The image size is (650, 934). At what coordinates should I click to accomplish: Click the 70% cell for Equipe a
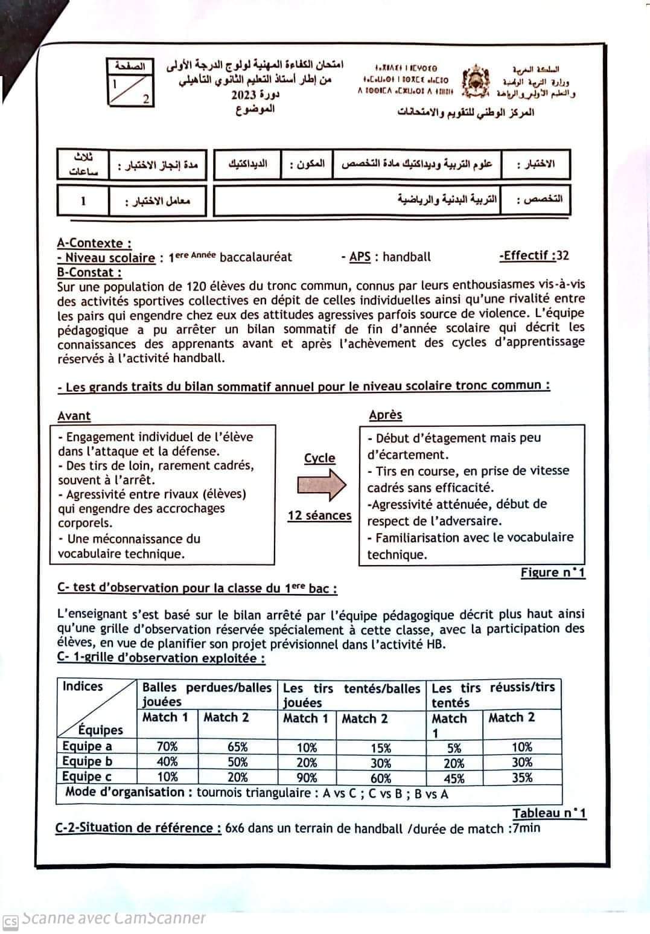pos(167,747)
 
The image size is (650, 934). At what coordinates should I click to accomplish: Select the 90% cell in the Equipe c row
pos(307,778)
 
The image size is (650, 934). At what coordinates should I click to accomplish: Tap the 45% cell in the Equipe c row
pos(454,779)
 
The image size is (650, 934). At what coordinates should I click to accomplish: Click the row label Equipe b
pos(87,762)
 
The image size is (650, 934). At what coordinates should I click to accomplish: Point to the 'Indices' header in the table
pos(83,686)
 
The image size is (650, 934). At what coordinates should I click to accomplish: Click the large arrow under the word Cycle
pos(322,484)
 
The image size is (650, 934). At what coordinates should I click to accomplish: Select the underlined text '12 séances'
pos(319,516)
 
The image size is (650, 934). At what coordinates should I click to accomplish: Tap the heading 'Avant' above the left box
pos(74,416)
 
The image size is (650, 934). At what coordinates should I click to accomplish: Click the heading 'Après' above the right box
pos(386,415)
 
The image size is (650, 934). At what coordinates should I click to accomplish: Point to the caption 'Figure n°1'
pos(553,572)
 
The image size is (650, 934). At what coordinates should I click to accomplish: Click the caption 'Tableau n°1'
pos(549,813)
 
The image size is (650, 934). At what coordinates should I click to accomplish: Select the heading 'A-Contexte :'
pos(94,243)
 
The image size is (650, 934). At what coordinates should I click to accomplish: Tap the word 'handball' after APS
pos(407,257)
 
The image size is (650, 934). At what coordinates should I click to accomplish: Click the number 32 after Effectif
pos(562,255)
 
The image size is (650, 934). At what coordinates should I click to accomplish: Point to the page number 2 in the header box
pos(146,100)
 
